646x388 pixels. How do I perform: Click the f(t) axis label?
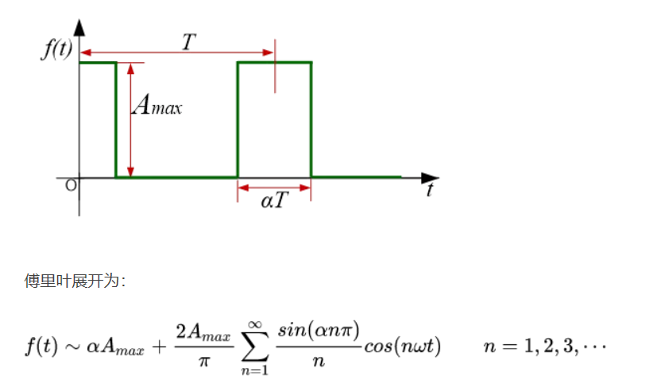pos(56,50)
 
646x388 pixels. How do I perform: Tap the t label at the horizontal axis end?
pos(430,190)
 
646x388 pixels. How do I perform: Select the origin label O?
pos(71,185)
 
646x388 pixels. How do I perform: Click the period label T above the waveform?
pos(188,43)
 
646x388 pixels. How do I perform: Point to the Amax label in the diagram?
pos(157,105)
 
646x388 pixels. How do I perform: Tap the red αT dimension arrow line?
pos(274,188)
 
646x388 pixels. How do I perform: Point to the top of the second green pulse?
pos(274,62)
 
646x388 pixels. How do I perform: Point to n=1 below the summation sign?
pos(254,371)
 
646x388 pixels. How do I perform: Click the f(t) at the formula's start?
pos(40,347)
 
